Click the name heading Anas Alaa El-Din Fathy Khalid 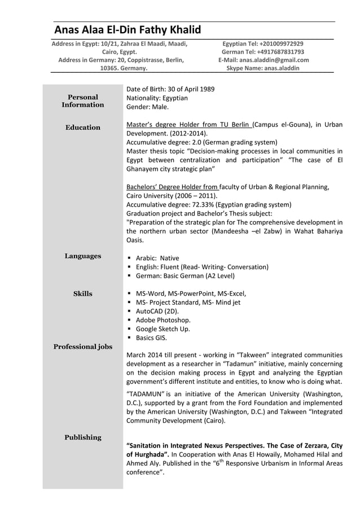point(127,30)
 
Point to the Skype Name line point(263,68)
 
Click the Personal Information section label point(83,101)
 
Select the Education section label point(83,128)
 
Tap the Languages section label point(83,256)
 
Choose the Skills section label point(83,293)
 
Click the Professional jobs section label point(83,346)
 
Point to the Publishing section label point(83,437)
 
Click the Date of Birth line point(170,89)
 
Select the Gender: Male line point(147,107)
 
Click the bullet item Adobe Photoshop point(163,320)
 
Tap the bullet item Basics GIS point(151,338)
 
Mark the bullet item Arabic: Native point(157,258)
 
